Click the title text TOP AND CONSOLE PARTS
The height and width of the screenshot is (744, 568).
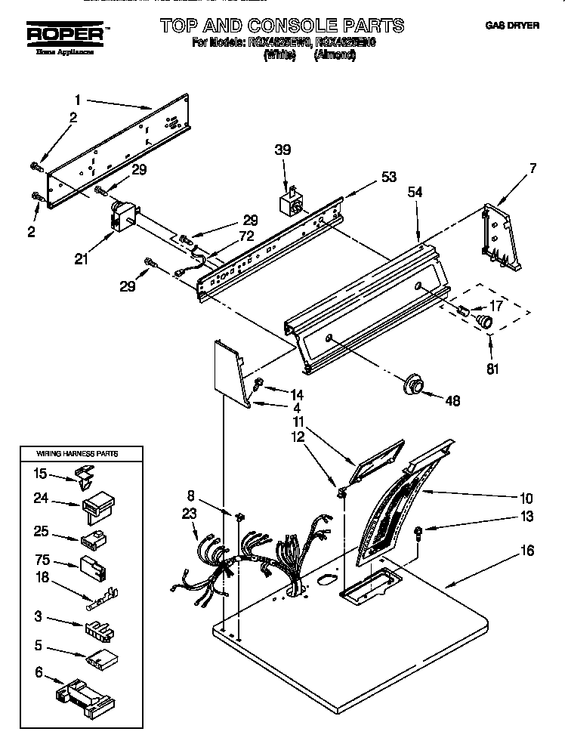tap(282, 26)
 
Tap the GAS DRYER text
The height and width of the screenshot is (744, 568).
tap(511, 26)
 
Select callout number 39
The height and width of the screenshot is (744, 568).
tap(283, 150)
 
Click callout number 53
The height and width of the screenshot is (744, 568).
tap(388, 178)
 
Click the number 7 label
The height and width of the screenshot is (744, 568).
tap(532, 168)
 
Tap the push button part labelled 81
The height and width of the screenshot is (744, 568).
tap(482, 323)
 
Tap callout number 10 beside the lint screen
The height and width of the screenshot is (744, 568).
tap(526, 498)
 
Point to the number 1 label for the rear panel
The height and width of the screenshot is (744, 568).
tap(77, 98)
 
